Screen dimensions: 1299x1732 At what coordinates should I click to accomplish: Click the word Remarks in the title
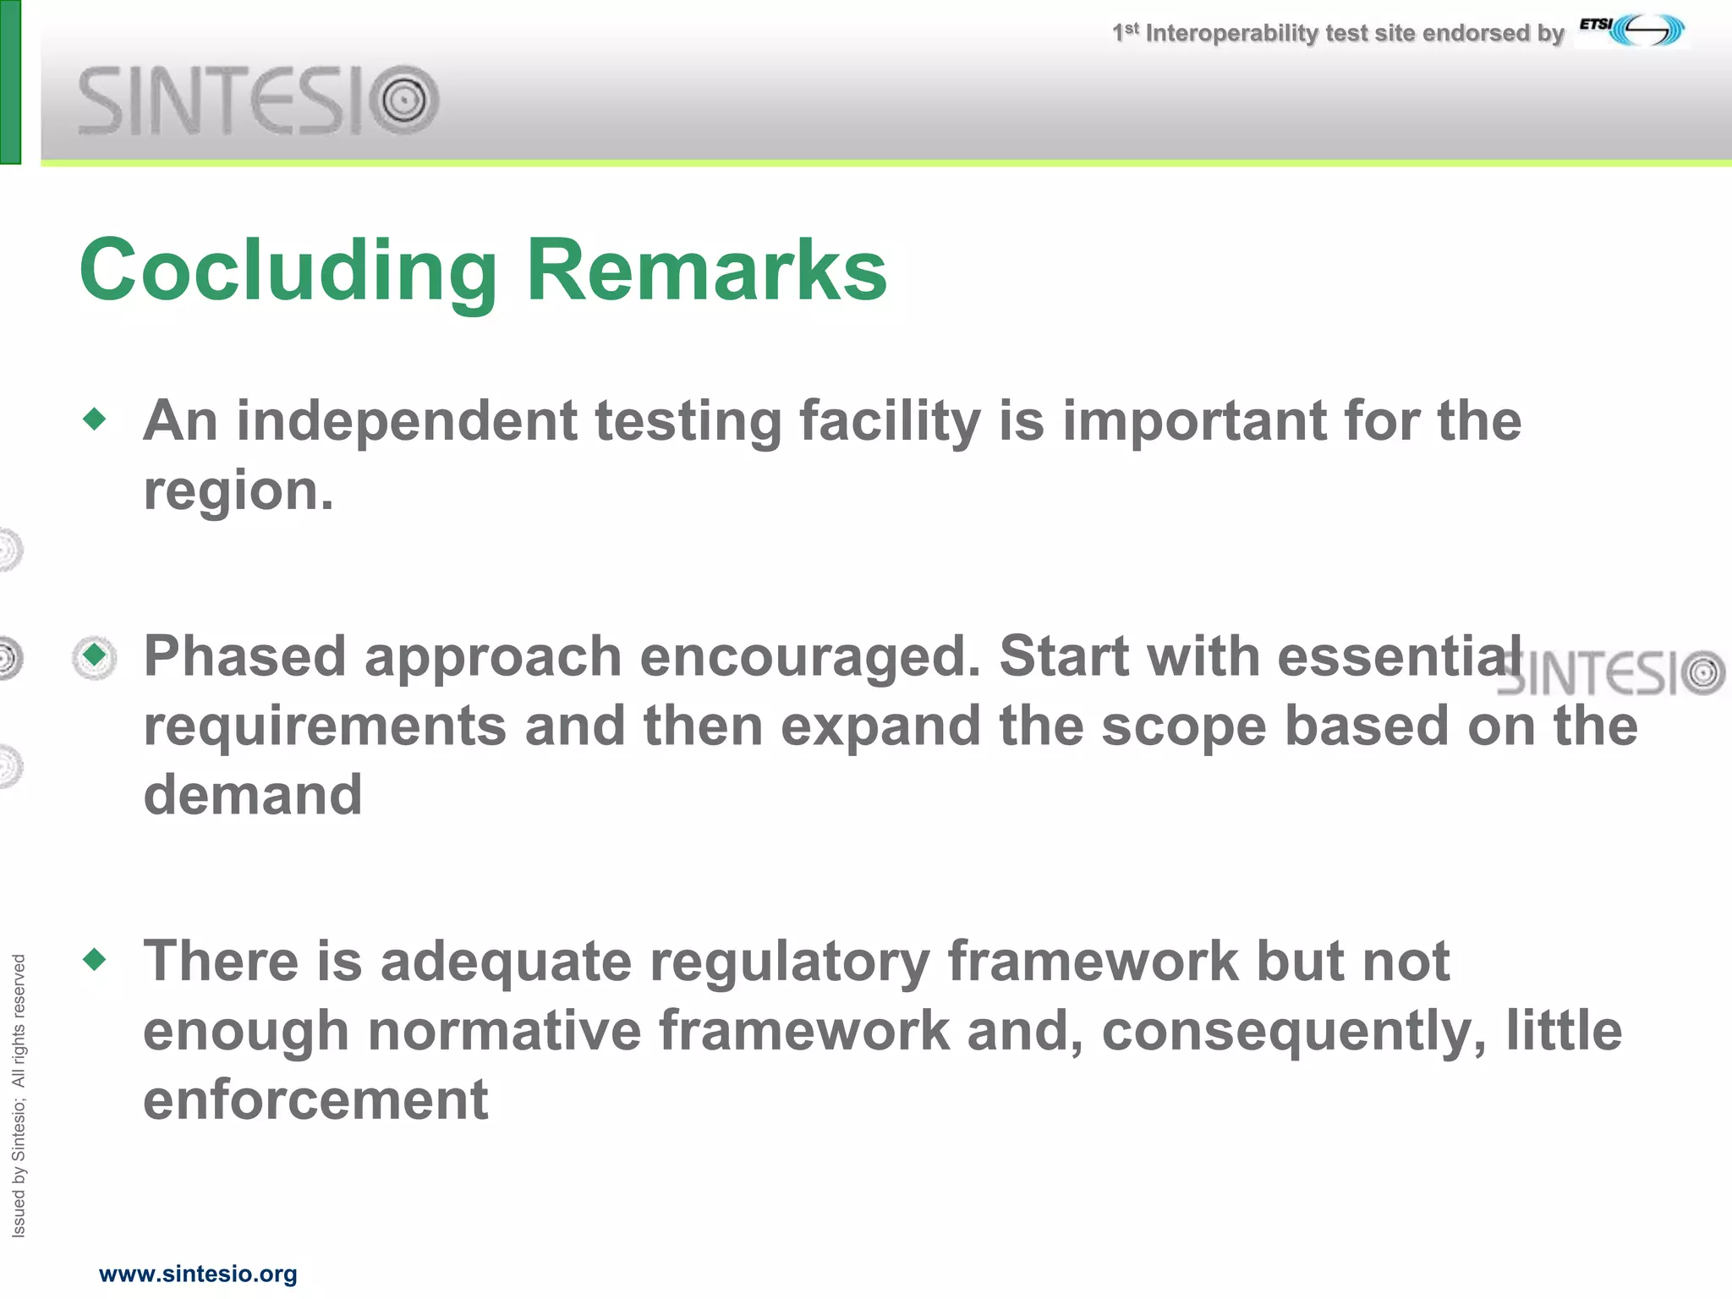coord(706,271)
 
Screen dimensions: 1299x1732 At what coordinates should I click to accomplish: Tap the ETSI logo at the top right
coord(1632,30)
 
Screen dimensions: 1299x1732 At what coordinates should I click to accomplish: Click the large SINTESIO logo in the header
coord(258,101)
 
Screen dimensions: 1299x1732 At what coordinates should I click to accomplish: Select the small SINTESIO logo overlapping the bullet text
coord(1611,673)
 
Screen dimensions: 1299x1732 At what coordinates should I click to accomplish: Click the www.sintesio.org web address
coord(198,1274)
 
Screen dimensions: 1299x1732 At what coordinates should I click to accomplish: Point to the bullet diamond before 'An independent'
coord(95,419)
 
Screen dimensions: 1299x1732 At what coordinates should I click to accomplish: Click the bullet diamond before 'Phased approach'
coord(95,655)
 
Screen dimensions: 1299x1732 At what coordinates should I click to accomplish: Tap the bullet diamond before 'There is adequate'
coord(95,959)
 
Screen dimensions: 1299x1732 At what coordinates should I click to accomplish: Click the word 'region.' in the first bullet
coord(238,491)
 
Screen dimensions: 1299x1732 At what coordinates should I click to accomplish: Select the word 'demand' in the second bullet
coord(253,795)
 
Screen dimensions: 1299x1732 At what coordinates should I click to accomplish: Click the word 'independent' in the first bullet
coord(406,420)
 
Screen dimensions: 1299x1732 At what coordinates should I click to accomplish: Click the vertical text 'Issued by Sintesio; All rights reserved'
coord(19,1095)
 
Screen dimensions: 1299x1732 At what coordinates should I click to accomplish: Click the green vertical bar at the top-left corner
coord(10,81)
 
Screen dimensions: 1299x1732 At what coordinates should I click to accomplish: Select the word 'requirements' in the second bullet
coord(325,726)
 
